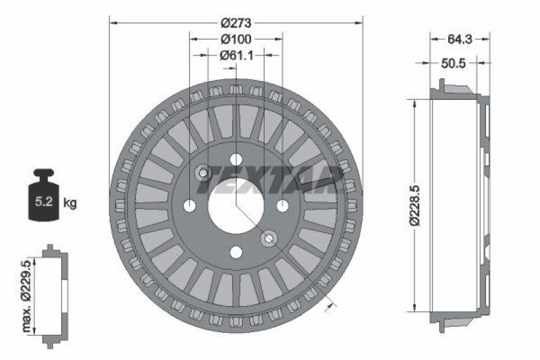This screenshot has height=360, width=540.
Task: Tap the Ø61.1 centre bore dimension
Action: (x=236, y=56)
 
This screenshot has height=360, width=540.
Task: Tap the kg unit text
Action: (x=70, y=202)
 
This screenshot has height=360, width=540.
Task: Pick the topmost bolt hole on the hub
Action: (x=236, y=159)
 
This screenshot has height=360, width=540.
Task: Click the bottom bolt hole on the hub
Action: (x=236, y=252)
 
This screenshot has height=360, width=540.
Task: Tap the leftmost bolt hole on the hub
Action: (x=190, y=205)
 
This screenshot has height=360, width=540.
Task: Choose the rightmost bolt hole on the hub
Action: (x=282, y=205)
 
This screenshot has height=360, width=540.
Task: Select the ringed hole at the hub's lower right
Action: (x=269, y=238)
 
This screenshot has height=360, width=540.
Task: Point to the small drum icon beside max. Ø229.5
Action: (x=51, y=297)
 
